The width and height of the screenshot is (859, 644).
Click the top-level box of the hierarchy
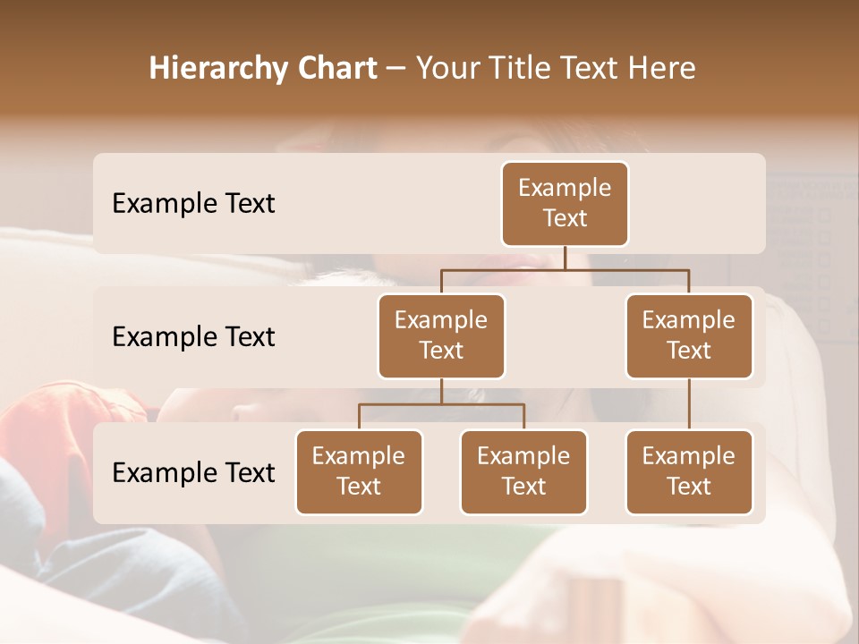(x=565, y=203)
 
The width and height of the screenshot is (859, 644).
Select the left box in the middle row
(x=441, y=335)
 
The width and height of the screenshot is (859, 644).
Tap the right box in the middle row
(x=689, y=335)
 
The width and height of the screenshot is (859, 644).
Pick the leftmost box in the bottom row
(x=359, y=471)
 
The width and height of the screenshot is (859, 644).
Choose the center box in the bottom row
(x=523, y=471)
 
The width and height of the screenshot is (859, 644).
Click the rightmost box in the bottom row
(x=689, y=471)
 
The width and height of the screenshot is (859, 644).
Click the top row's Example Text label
(x=193, y=203)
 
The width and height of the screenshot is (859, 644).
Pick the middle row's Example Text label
(x=193, y=336)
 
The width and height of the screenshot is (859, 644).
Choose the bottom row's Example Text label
(x=193, y=472)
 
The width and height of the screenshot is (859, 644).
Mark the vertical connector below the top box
(x=565, y=258)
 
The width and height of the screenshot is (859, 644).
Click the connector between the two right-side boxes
(x=689, y=404)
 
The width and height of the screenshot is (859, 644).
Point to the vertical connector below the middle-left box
(x=441, y=392)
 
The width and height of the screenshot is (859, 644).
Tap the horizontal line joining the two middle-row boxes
(x=565, y=269)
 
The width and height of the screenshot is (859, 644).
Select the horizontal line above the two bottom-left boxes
(x=441, y=404)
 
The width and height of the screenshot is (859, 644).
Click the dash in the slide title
(x=395, y=68)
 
